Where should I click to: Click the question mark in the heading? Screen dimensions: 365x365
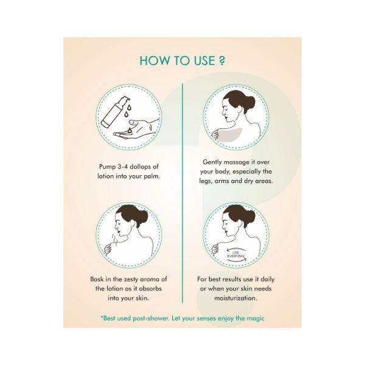pyautogui.click(x=222, y=60)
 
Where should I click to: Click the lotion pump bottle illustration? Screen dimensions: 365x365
pyautogui.click(x=114, y=111)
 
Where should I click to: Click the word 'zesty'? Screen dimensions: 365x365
pyautogui.click(x=131, y=279)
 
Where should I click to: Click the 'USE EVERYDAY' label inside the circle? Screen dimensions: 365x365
pyautogui.click(x=236, y=254)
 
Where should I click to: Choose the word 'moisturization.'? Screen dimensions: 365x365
pyautogui.click(x=236, y=298)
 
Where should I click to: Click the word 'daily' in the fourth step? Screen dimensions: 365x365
pyautogui.click(x=268, y=279)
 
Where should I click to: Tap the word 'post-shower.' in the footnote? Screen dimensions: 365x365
pyautogui.click(x=151, y=318)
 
